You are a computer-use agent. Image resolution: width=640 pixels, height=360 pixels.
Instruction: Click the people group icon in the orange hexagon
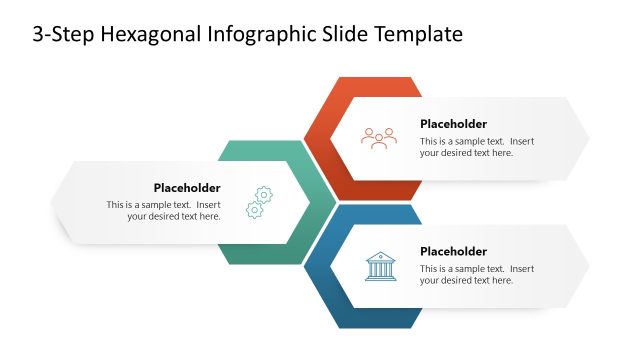tap(379, 138)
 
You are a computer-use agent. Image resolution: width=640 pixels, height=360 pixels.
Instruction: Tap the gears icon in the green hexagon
tap(261, 202)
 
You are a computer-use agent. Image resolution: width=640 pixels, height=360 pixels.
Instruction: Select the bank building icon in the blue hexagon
tap(379, 266)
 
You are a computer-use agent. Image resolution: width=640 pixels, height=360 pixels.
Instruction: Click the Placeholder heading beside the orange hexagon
tap(453, 124)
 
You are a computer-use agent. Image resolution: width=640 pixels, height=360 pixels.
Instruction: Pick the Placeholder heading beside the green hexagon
tap(187, 188)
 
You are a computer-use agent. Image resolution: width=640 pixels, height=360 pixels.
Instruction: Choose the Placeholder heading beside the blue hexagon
tap(453, 252)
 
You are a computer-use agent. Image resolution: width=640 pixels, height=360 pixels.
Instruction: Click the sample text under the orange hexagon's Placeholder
tap(477, 147)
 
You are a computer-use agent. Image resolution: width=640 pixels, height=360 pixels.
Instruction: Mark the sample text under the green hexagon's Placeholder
tap(164, 210)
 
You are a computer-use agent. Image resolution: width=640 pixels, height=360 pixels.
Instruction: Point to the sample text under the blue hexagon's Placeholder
tap(477, 275)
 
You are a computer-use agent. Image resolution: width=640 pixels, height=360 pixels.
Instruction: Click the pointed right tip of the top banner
tap(587, 138)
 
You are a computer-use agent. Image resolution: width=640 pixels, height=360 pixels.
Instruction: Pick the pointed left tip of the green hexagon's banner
tap(53, 202)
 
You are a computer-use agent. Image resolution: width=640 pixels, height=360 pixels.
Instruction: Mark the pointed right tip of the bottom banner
tap(587, 266)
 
